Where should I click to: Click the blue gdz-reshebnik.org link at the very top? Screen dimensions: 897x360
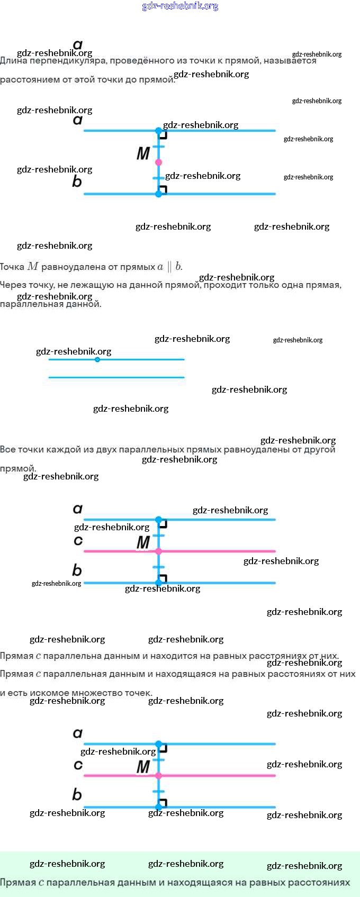point(180,6)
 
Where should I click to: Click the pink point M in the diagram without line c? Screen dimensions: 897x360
point(158,162)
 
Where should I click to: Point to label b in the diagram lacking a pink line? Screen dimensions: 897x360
point(77,182)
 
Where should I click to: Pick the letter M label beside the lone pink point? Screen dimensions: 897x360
point(143,153)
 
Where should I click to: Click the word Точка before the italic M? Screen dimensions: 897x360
point(12,267)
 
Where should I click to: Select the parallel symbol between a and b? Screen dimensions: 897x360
point(169,267)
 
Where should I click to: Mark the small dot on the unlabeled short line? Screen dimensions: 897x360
point(97,359)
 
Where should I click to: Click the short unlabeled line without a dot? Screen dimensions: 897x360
point(116,377)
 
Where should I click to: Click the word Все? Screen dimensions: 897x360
point(7,450)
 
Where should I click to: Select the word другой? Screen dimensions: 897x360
point(320,450)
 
